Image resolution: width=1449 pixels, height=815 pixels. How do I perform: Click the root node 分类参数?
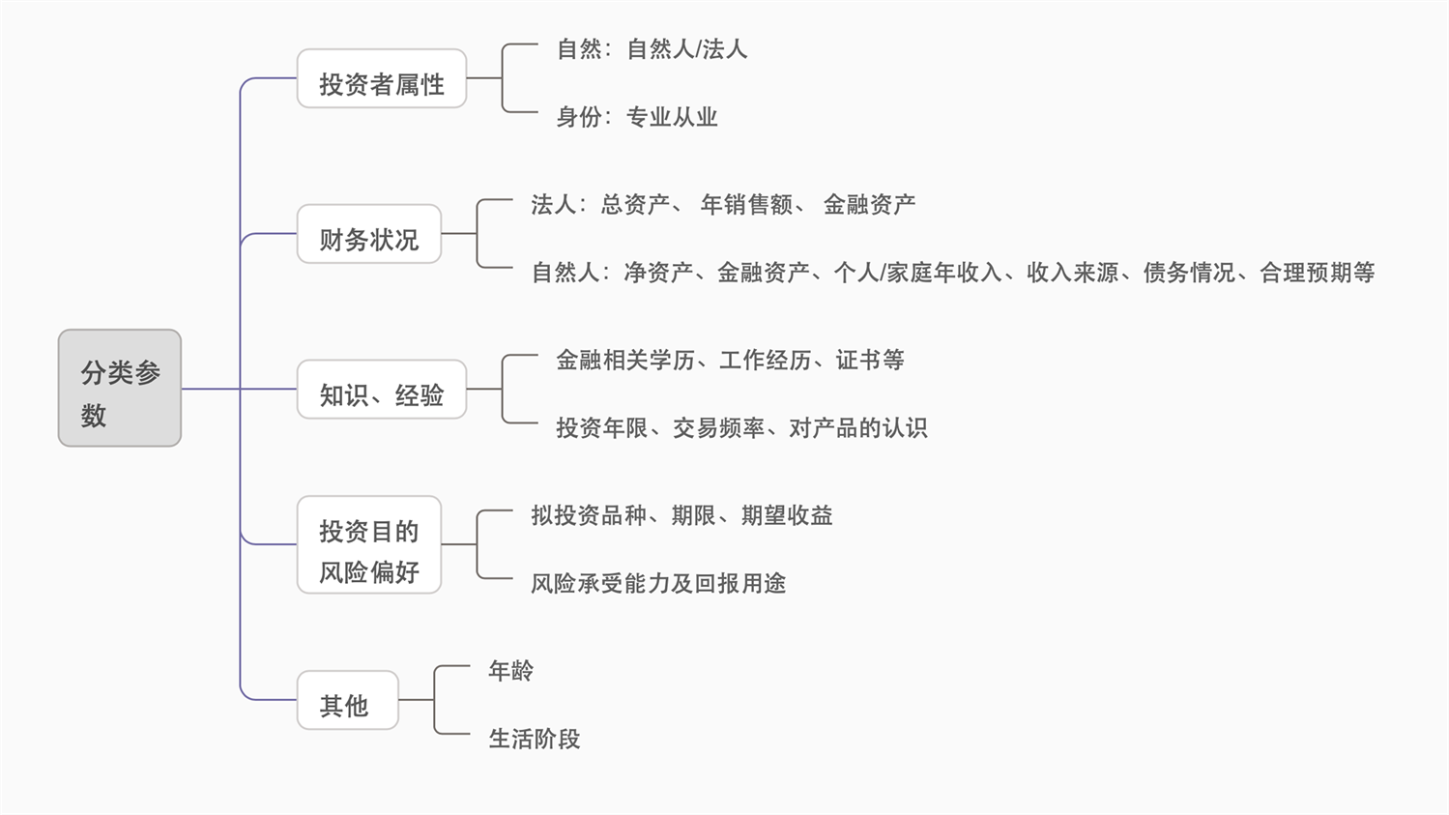tap(120, 389)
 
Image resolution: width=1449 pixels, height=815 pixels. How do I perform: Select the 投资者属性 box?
tap(382, 79)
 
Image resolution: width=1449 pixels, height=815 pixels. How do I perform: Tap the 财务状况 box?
tap(368, 234)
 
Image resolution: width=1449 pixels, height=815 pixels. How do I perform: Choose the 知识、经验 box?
tap(382, 390)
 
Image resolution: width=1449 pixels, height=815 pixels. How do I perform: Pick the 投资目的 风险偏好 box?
tap(368, 545)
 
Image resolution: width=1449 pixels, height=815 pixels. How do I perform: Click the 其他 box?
tap(347, 700)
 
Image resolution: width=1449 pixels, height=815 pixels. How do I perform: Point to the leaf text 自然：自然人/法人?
tap(652, 49)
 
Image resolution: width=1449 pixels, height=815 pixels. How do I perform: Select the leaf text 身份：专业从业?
tap(636, 117)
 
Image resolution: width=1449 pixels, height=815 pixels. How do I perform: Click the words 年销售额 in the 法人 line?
tap(746, 204)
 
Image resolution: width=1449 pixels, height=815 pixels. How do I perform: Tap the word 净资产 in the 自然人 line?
tap(658, 273)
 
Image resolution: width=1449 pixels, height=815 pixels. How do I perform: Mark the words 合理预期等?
tap(1317, 273)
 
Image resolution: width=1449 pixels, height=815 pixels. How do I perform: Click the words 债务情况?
tap(1189, 273)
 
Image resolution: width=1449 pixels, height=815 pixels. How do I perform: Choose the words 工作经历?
tap(765, 360)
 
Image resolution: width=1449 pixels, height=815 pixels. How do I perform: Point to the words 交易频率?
tap(718, 427)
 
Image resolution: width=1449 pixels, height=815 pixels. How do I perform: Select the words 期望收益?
tap(787, 515)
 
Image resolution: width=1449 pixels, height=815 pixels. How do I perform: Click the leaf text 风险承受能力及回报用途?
tap(658, 583)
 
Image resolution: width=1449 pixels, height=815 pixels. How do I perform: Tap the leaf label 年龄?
tap(510, 670)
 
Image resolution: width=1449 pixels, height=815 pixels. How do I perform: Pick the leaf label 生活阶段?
tap(534, 739)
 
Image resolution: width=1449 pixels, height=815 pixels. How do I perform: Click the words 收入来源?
tap(1072, 273)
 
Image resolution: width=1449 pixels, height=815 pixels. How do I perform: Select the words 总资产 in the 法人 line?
tap(635, 204)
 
